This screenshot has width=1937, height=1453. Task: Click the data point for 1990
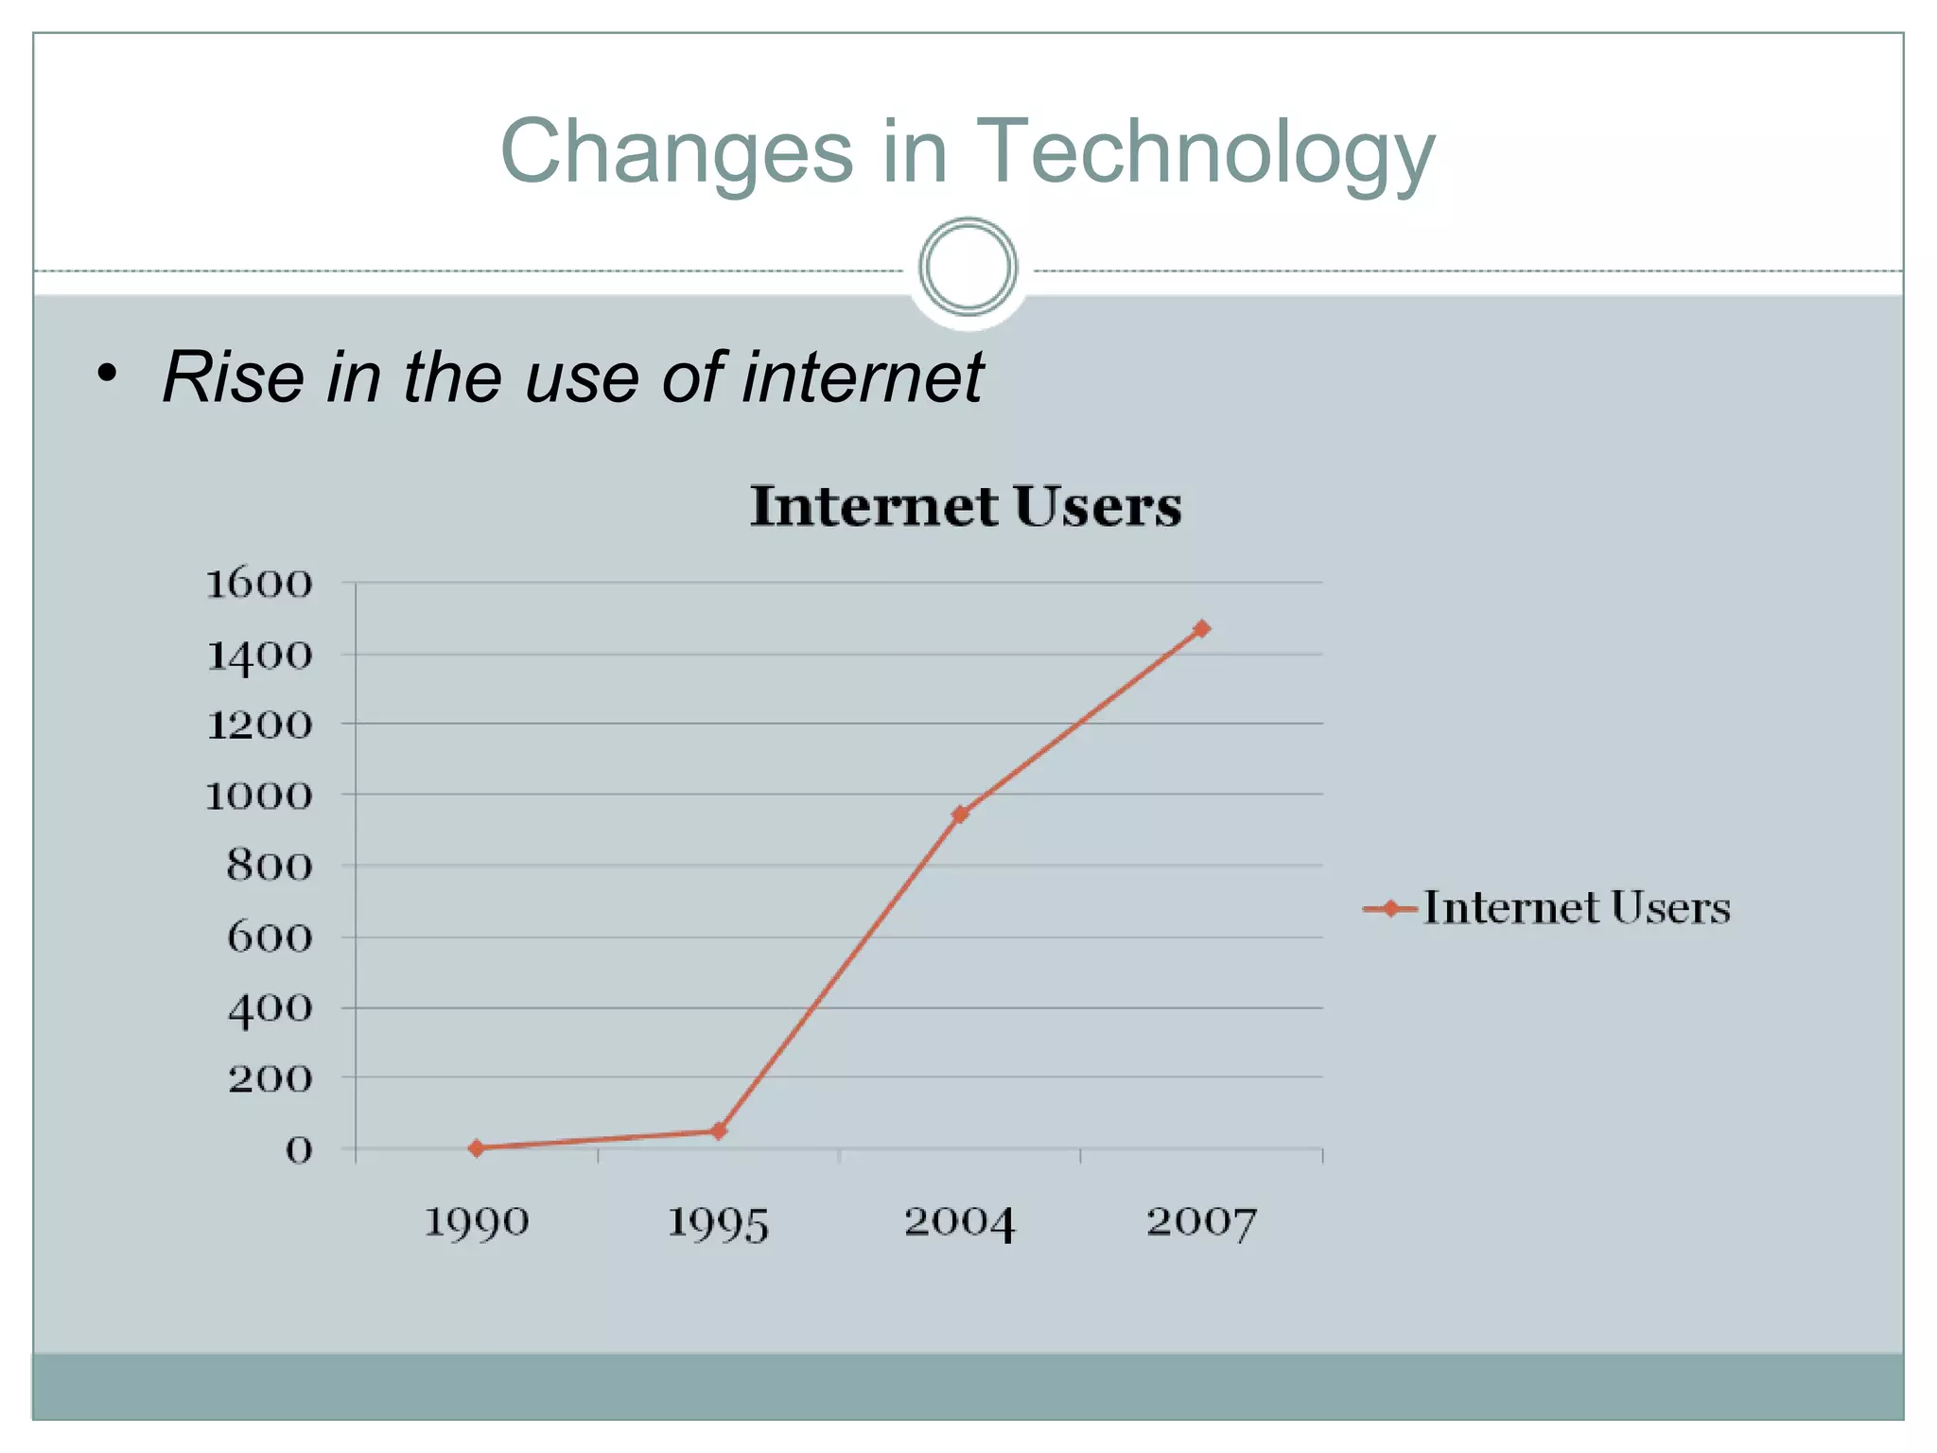coord(477,1147)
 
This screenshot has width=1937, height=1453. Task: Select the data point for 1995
coord(719,1130)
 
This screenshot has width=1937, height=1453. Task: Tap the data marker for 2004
coord(960,814)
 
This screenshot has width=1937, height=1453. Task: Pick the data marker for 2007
coord(1201,628)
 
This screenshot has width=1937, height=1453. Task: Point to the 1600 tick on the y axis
coord(258,584)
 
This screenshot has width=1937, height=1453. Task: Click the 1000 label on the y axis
coord(258,796)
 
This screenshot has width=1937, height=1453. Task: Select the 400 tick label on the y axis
coord(270,1008)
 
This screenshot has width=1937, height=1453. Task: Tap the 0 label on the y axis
coord(299,1150)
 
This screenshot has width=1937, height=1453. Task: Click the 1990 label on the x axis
coord(476,1222)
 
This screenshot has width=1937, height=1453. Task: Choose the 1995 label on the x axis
coord(718,1222)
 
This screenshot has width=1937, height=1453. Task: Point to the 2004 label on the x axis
coord(959,1222)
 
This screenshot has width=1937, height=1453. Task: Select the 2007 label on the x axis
coord(1201,1222)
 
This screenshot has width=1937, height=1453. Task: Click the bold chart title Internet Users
coord(966,505)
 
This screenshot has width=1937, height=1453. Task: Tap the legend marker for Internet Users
coord(1390,908)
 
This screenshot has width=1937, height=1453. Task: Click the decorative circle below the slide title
coord(968,267)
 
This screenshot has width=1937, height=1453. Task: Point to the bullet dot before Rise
coord(108,374)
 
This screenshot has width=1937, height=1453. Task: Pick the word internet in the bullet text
coord(863,377)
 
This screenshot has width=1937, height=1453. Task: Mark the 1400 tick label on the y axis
coord(258,655)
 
